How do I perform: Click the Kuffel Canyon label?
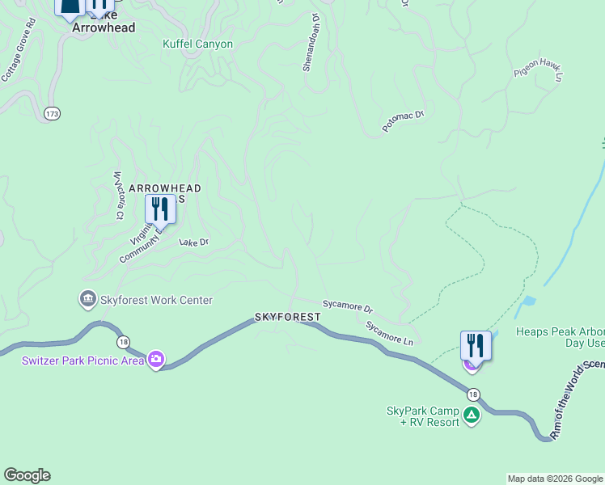197,44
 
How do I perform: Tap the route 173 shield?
53,113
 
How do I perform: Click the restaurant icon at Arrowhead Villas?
160,209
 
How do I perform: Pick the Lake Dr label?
193,242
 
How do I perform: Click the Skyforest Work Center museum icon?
87,300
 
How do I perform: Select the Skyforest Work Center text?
157,301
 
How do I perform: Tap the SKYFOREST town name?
288,317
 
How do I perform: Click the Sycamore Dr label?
348,307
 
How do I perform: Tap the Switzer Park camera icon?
155,359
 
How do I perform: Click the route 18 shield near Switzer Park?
122,341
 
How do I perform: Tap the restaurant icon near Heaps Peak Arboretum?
476,345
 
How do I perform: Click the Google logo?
27,475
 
